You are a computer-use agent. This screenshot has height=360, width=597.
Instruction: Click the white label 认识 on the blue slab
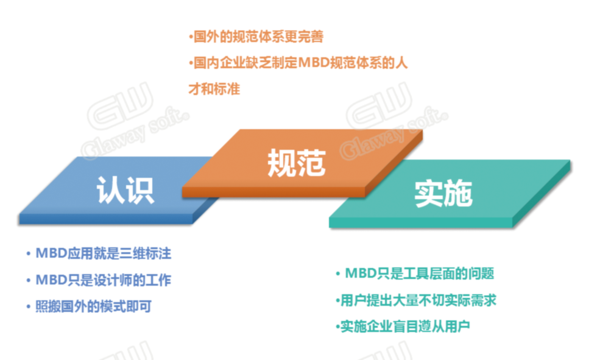(125, 190)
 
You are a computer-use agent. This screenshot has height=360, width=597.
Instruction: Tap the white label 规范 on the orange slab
(297, 163)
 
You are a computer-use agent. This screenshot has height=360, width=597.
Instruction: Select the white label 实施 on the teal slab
(443, 194)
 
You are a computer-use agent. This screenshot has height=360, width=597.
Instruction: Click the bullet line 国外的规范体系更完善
(258, 37)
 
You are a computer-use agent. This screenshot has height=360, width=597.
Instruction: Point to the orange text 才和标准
(214, 89)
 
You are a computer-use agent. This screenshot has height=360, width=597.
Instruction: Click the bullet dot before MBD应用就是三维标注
(28, 254)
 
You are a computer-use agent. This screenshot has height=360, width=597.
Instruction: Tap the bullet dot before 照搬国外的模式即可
(28, 307)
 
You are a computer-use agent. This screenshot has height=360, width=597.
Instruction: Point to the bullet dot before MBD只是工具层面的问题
(337, 274)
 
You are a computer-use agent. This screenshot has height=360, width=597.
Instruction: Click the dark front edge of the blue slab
(106, 219)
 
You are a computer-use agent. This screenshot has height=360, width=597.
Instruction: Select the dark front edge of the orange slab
(274, 192)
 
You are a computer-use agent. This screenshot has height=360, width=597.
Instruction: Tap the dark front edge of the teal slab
(421, 222)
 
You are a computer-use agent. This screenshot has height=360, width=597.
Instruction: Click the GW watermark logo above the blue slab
(121, 105)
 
